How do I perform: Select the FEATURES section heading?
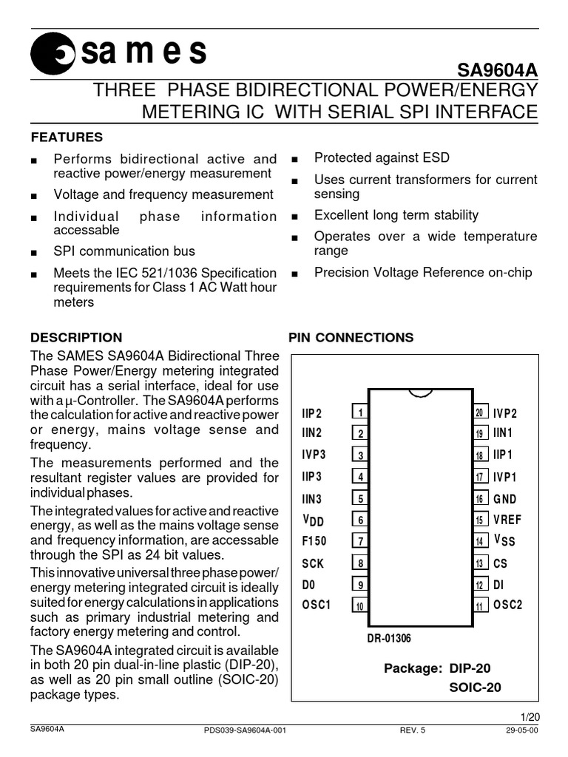[66, 138]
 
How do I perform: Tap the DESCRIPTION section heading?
[76, 338]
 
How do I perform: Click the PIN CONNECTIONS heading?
[351, 338]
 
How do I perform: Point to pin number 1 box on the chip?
[359, 413]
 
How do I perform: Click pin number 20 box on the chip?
[479, 413]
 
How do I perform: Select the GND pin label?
[507, 499]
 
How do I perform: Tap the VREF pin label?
[509, 520]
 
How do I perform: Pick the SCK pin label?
[313, 563]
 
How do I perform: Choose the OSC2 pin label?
[508, 605]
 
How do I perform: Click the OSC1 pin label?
[317, 605]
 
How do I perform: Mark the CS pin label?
[500, 563]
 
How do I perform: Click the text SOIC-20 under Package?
[475, 687]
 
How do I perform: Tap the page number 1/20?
[530, 716]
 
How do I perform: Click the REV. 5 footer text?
[413, 730]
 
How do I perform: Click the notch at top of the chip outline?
[419, 392]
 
